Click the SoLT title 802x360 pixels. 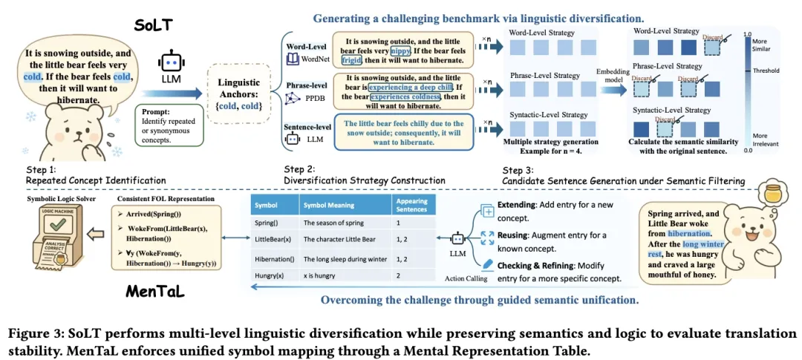154,24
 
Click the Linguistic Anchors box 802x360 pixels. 240,95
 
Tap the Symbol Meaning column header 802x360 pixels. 327,205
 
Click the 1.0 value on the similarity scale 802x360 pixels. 748,34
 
